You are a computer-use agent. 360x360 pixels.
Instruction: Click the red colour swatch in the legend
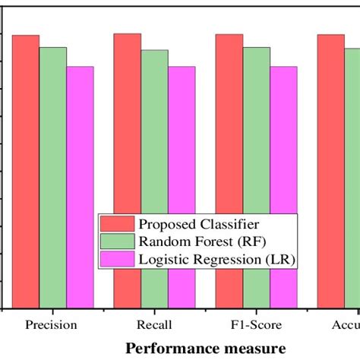pos(118,224)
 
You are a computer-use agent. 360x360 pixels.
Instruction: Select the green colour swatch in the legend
pos(118,242)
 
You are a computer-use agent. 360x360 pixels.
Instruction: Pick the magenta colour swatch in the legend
pos(118,260)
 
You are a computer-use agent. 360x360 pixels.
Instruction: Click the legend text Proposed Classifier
pos(199,224)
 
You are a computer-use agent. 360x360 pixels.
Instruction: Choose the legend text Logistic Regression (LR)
pos(216,260)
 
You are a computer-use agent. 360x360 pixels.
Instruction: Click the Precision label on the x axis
pos(52,325)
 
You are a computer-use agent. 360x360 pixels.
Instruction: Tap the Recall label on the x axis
pos(155,325)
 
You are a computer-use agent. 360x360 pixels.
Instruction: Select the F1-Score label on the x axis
pos(257,325)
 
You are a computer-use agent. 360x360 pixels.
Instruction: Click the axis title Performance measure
pos(206,347)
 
